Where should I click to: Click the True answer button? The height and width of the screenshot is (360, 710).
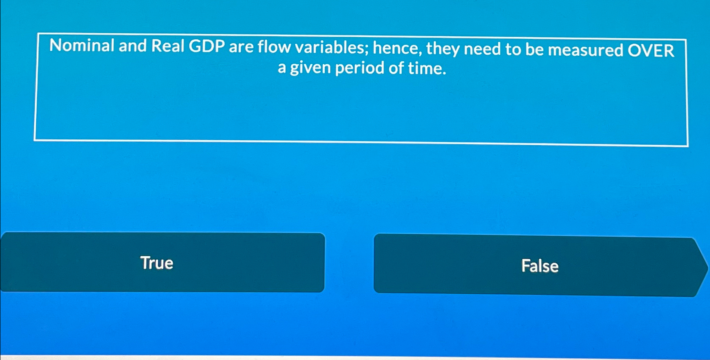162,263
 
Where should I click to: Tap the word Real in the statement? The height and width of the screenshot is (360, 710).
167,46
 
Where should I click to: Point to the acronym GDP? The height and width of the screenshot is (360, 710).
206,46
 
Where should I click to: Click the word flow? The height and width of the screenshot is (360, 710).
274,47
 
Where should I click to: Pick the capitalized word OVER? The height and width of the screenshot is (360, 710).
651,51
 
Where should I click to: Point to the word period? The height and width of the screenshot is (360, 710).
359,68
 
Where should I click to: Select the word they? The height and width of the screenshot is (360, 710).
443,49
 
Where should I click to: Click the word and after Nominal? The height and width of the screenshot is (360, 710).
132,46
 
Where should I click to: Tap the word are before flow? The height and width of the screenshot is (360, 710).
241,47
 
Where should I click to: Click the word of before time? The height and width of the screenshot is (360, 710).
396,68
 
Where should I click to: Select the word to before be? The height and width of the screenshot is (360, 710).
513,49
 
